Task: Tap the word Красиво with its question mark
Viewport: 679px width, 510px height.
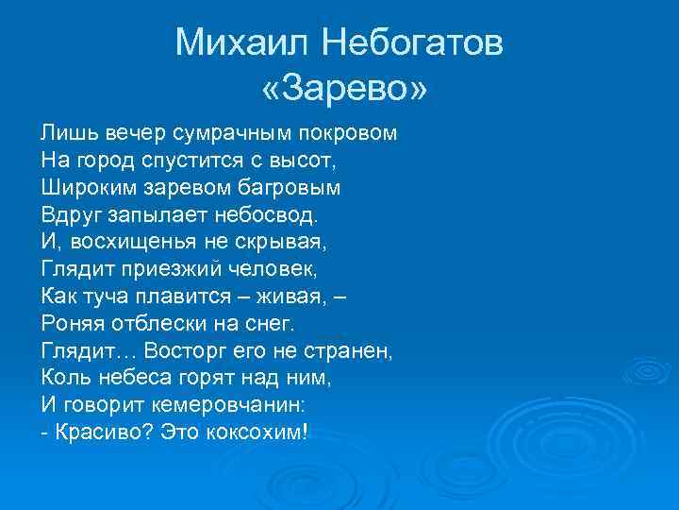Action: [x=99, y=433]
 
